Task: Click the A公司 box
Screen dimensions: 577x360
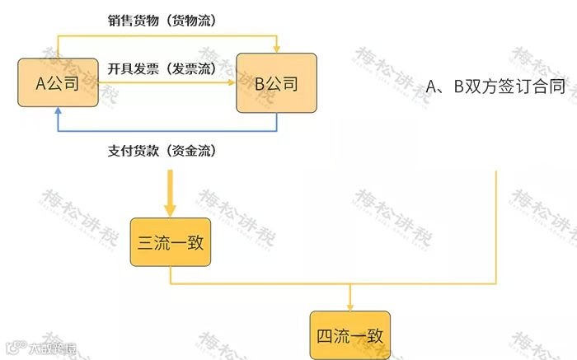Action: pos(56,82)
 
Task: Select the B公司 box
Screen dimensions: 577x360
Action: pos(276,82)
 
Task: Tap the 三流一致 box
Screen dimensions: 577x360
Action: pos(171,242)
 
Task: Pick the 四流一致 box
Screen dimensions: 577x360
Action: pos(350,335)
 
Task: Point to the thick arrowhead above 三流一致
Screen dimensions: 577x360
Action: pos(171,208)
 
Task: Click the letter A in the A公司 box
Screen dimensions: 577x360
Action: pos(41,82)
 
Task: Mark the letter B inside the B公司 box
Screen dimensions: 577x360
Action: pos(260,82)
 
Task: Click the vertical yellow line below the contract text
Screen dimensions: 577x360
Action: pos(497,222)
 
